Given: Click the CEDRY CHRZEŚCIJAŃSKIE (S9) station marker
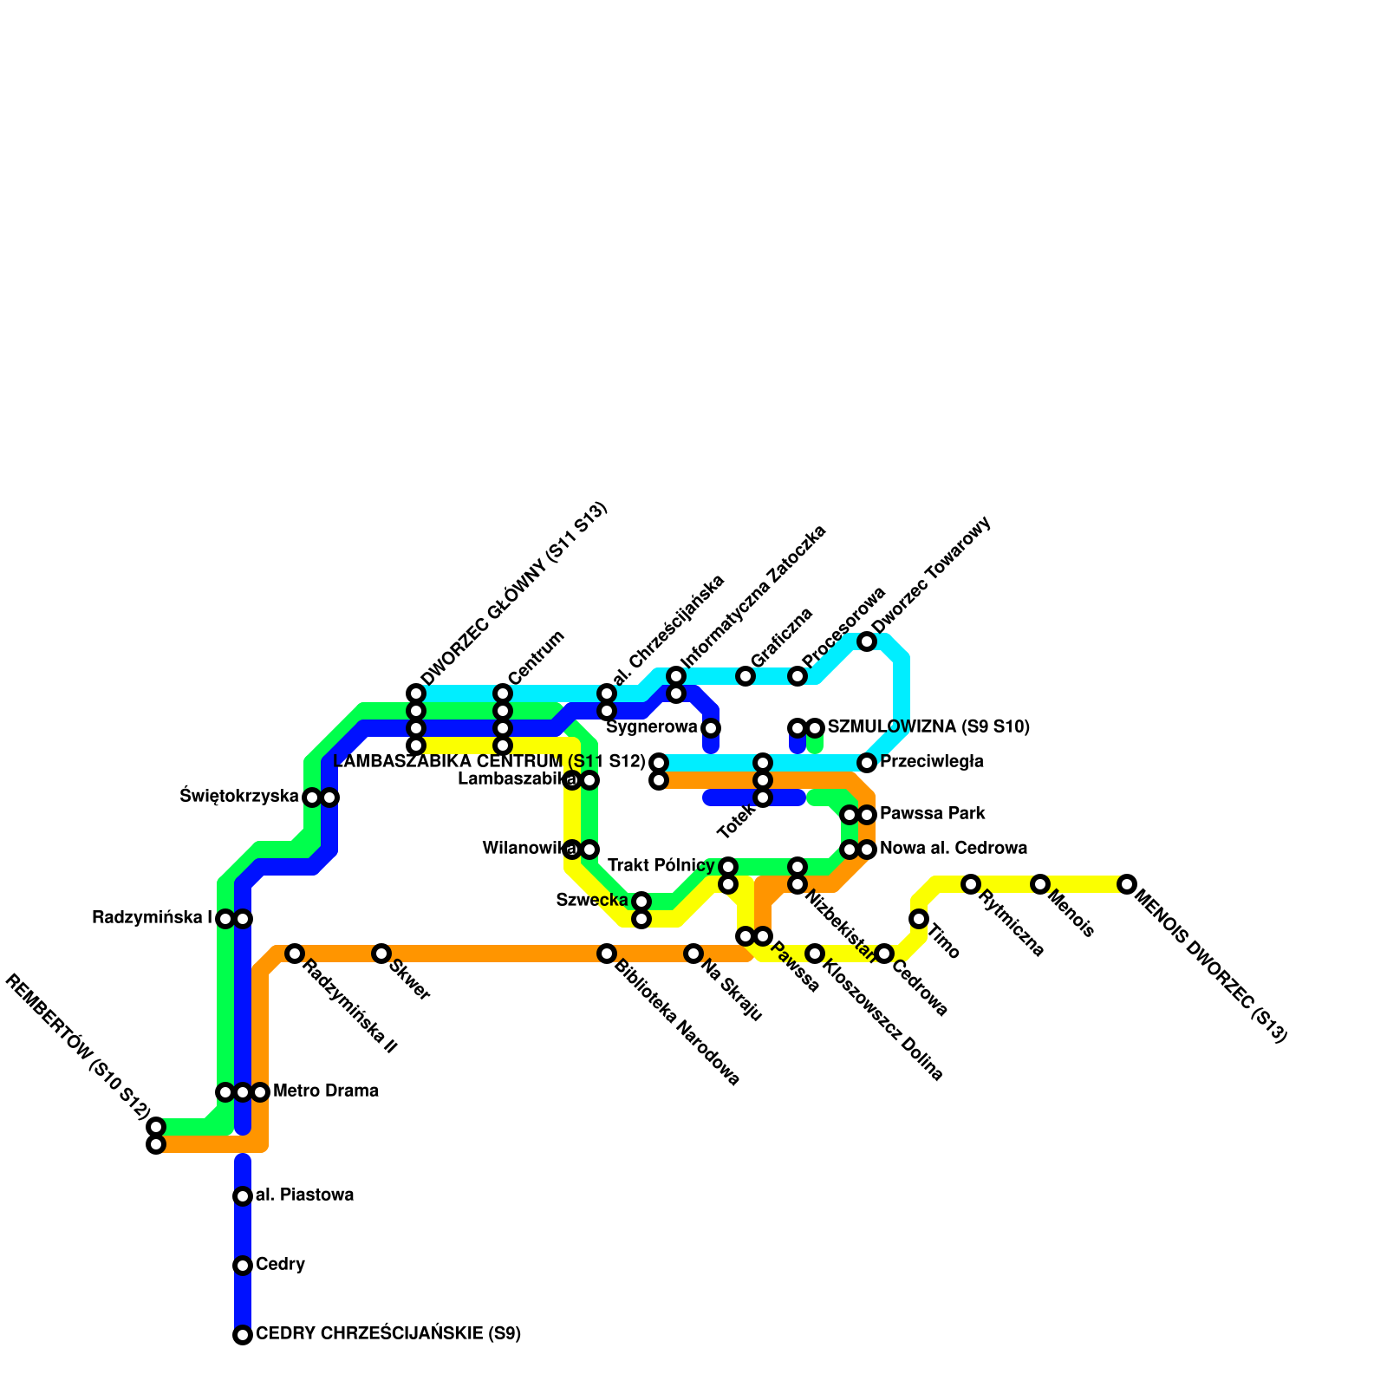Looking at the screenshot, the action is (243, 1335).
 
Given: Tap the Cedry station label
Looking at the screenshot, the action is (280, 1265).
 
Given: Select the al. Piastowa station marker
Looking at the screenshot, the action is (243, 1196).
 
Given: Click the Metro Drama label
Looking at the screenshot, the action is (325, 1091).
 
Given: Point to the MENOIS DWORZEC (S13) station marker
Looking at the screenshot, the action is (1126, 884).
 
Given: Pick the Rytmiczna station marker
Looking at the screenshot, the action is (971, 884).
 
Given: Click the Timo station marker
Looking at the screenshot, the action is (919, 919).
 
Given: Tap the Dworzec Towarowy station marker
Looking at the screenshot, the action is (867, 641).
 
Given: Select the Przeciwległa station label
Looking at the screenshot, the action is (931, 763).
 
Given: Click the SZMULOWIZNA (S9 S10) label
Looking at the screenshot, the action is (928, 726).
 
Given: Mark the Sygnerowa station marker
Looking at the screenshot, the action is (711, 727).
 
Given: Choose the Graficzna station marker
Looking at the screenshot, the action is (746, 676).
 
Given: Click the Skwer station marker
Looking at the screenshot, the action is (381, 954).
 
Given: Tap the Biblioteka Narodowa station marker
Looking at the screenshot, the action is (607, 954).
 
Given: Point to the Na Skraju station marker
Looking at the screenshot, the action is (693, 954).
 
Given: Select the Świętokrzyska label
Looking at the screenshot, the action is (239, 796).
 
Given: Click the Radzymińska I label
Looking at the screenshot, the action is (152, 917).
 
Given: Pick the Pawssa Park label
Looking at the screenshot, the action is (932, 814).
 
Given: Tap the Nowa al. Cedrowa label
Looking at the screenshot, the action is (954, 849).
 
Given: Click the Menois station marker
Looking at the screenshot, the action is (1040, 884).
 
